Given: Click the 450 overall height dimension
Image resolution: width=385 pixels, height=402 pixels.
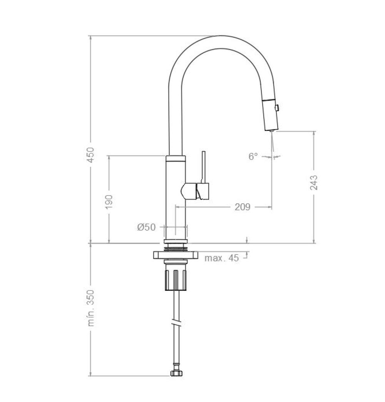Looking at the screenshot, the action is tap(91, 154).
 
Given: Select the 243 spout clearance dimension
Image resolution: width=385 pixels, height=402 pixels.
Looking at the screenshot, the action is tap(314, 183).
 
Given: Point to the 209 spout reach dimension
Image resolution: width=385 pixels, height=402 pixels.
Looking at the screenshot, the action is tap(242, 207).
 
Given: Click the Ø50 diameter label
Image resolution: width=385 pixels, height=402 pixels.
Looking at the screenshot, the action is tap(146, 227).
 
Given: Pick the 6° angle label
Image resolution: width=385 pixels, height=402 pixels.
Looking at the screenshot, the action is tap(253, 156).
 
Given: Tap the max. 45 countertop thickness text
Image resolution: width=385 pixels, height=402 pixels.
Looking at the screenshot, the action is tap(221, 258).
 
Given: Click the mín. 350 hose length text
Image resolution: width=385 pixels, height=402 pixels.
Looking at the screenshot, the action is tap(91, 308).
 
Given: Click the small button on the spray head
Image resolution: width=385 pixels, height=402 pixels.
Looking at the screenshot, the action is tap(276, 108).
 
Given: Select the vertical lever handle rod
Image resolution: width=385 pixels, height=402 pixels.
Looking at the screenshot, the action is tap(204, 167).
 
